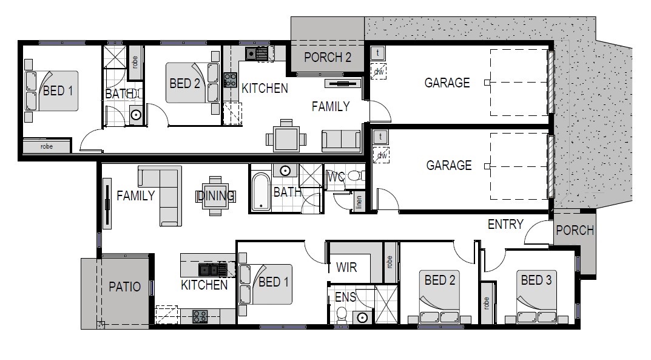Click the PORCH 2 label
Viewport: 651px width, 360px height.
point(328,57)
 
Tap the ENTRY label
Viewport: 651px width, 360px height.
point(505,225)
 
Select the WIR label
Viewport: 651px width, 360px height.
point(346,267)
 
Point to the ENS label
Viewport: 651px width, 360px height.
point(345,297)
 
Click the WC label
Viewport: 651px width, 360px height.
point(336,177)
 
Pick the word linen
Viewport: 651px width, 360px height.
point(359,202)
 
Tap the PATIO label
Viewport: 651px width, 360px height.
point(124,287)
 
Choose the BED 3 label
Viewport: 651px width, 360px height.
point(536,280)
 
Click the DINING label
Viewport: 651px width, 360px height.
point(215,195)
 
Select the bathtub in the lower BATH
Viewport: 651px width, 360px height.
point(261,192)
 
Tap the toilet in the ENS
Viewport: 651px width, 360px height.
point(342,314)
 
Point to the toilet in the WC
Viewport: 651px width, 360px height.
point(356,175)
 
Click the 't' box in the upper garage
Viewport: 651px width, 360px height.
point(378,53)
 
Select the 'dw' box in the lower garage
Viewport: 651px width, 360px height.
point(381,155)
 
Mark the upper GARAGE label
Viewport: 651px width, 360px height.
point(447,83)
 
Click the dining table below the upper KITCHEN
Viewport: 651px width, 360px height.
point(286,138)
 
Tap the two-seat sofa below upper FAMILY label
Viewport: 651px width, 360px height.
point(342,141)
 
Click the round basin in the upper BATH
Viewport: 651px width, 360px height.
point(136,115)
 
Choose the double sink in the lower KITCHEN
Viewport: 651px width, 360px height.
point(212,270)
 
